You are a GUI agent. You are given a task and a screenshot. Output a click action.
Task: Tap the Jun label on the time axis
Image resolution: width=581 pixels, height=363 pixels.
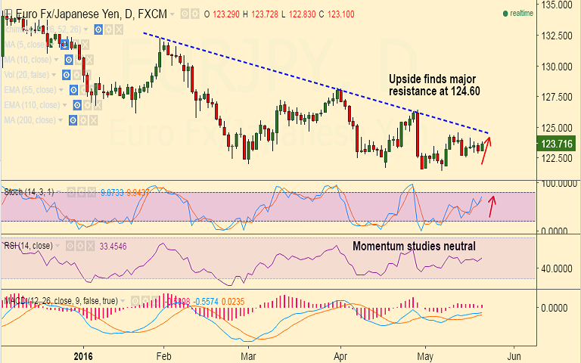click(x=515, y=355)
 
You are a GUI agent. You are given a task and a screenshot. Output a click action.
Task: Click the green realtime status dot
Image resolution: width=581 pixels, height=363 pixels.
click(x=505, y=13)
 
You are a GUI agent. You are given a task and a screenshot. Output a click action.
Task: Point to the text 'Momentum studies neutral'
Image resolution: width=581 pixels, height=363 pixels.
click(x=414, y=247)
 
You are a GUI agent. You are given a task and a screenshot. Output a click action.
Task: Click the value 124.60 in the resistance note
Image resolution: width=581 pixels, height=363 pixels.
click(x=465, y=91)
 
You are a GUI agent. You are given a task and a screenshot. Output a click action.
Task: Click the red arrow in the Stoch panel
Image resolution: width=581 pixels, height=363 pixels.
click(x=492, y=206)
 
